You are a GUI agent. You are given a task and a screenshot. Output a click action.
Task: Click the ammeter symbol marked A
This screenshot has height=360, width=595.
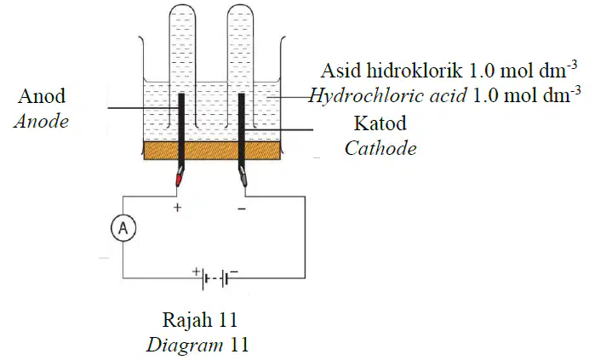point(123,228)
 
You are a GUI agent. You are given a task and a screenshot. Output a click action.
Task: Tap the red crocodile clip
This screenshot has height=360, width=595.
point(179,177)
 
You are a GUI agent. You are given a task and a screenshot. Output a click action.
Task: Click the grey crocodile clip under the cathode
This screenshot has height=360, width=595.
point(243,177)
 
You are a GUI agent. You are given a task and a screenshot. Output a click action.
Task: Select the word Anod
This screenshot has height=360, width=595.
point(42,96)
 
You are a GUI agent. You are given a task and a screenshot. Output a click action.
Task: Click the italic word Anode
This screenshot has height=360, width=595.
point(42,122)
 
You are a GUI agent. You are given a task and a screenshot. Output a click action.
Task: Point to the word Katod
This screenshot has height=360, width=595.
point(380,123)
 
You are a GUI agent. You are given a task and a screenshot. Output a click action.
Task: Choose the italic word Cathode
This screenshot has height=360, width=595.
point(380,148)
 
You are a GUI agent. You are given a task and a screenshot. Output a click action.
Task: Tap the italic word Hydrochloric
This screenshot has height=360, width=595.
point(387,95)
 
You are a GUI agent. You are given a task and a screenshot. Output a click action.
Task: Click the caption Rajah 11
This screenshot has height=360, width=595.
point(200,320)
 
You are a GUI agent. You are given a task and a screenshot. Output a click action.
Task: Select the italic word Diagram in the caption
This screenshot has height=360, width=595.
point(185,346)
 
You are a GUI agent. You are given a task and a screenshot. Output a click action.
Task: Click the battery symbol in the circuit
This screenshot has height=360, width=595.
point(215,280)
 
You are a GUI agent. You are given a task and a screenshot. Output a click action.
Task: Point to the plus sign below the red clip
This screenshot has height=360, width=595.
point(177,208)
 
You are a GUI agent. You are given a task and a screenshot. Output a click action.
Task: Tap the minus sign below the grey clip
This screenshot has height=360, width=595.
point(242,209)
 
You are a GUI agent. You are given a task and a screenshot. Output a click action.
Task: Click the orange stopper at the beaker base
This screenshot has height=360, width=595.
point(212,151)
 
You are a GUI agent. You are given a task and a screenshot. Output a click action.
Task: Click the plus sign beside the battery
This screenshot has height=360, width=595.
point(196,271)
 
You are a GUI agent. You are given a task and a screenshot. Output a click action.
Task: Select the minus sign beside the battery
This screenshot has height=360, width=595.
point(234,271)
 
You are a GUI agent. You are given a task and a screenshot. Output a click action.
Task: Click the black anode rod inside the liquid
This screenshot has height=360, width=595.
point(181,117)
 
